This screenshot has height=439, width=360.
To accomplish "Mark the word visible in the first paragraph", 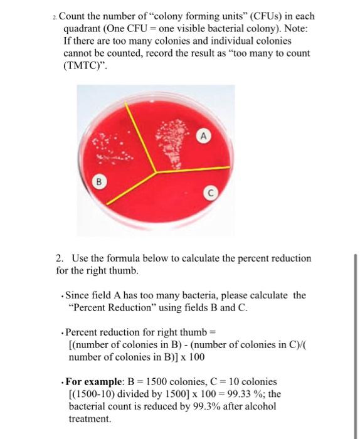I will [x=208, y=28].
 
